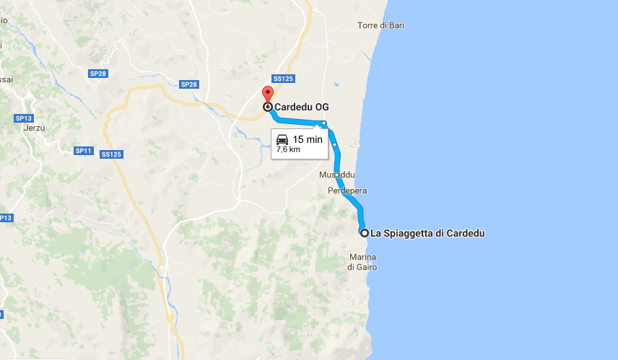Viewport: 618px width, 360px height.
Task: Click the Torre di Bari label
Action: click(380, 25)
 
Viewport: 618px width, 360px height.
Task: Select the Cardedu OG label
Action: click(297, 107)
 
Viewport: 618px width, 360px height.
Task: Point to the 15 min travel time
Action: click(308, 139)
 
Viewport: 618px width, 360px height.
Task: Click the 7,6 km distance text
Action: click(288, 150)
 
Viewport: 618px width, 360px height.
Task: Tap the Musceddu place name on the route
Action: click(336, 175)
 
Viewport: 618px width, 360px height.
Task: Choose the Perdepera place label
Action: click(347, 191)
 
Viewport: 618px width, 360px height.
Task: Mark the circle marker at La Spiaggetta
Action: click(365, 233)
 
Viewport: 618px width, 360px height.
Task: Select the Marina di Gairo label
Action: click(362, 263)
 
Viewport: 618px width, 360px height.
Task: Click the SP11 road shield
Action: click(84, 151)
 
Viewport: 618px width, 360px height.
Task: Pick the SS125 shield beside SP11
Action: click(112, 154)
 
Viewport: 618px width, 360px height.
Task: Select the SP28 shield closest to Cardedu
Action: click(189, 84)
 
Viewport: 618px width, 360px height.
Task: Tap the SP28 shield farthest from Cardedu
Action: click(98, 74)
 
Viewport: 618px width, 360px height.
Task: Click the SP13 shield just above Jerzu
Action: click(24, 118)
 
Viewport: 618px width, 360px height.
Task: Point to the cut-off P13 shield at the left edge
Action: click(6, 217)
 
